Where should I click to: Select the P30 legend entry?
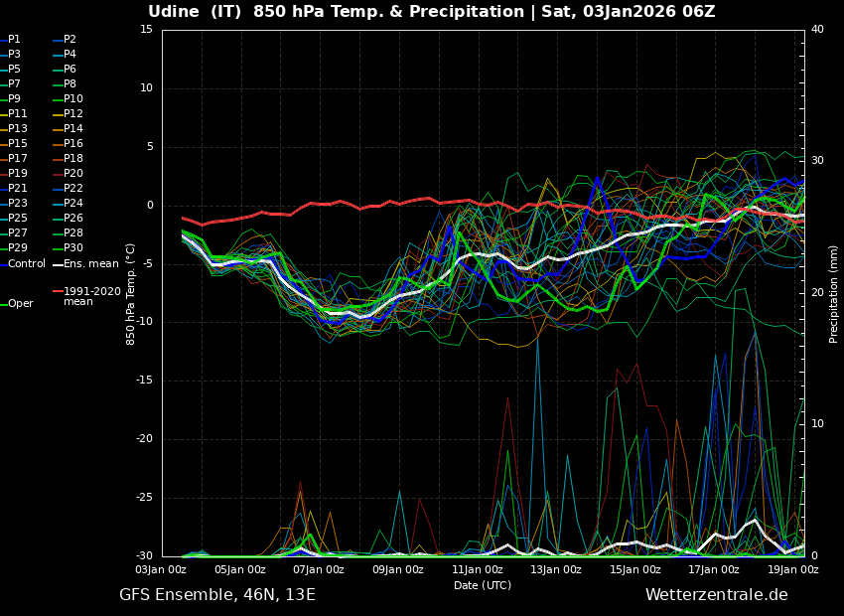tap(73, 248)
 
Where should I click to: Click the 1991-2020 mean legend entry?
tap(91, 296)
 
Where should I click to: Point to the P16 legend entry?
tap(73, 144)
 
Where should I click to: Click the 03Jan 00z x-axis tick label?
tap(161, 570)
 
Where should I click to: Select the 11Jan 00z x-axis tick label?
tap(477, 570)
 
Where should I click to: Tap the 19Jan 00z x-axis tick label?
tap(792, 570)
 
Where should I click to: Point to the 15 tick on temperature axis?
tap(146, 30)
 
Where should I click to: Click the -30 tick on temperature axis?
tap(144, 556)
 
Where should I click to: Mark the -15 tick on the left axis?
tap(144, 381)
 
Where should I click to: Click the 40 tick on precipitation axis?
tap(817, 30)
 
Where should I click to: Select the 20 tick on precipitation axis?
tap(817, 293)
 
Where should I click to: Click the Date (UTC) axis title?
tap(483, 586)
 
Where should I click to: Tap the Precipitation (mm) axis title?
tap(834, 293)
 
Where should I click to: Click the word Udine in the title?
tap(176, 12)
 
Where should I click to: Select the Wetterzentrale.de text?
tap(716, 595)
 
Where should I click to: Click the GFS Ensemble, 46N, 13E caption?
tap(217, 595)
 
